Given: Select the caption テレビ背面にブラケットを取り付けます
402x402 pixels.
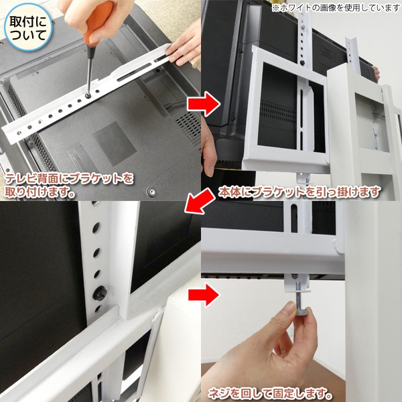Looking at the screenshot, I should click(70, 184).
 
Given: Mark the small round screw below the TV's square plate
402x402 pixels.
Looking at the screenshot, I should click(151, 190).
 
